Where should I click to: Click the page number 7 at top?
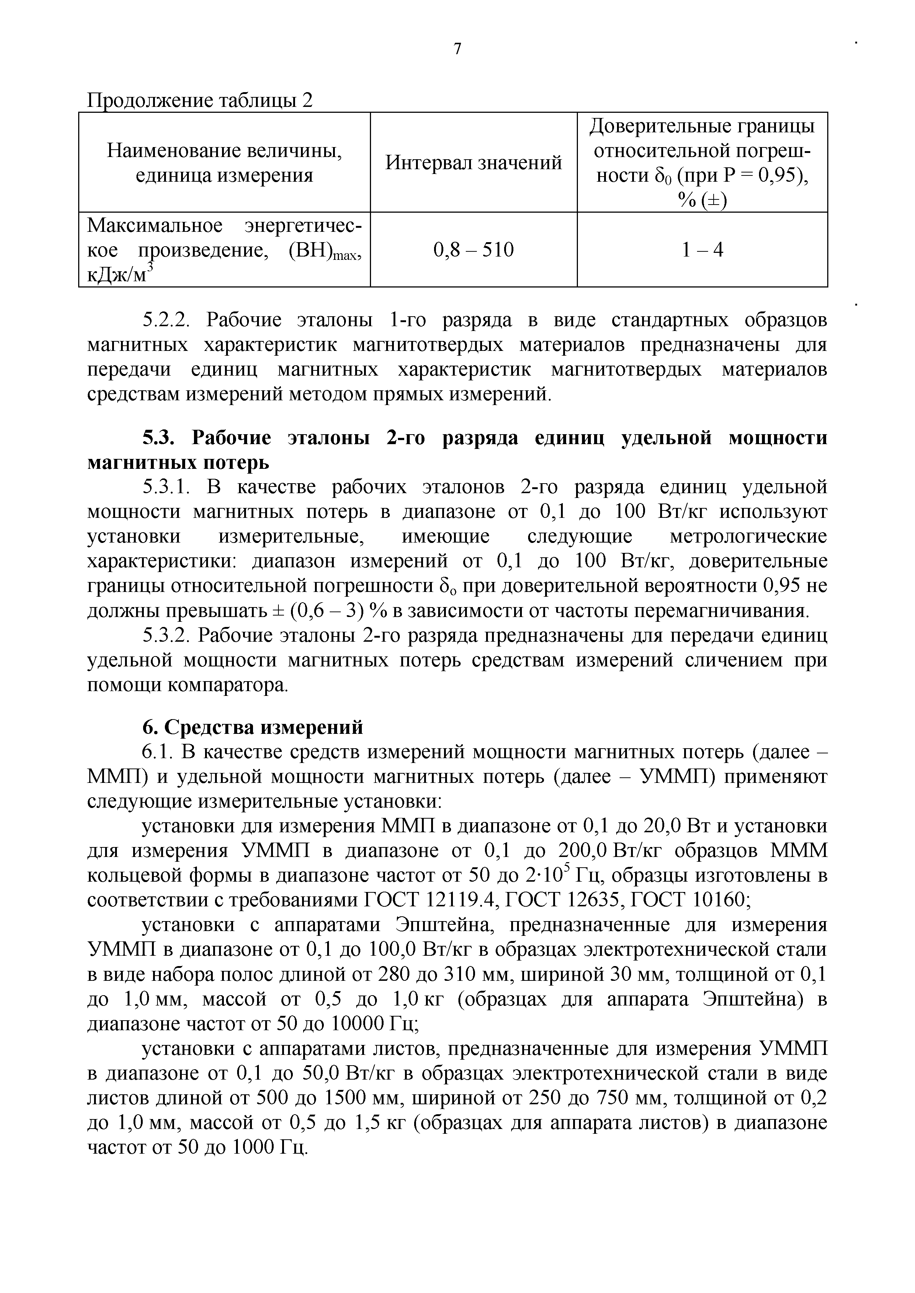[x=457, y=49]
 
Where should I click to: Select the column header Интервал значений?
[x=473, y=163]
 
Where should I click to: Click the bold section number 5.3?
[x=159, y=438]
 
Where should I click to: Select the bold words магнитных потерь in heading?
[x=178, y=463]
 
